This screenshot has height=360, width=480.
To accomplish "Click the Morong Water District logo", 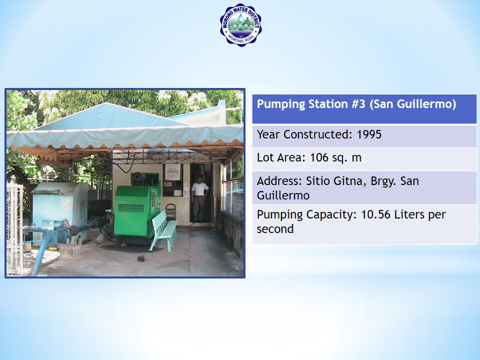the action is [240, 25].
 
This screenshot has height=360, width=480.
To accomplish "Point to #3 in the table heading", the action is [358, 104].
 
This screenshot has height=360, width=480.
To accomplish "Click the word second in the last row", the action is [275, 229].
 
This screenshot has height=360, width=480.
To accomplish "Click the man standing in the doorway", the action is [199, 198].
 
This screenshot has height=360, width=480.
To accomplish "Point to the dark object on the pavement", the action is [141, 258].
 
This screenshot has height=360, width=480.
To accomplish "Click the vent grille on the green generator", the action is [130, 208].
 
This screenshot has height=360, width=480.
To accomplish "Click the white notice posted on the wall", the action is [173, 172].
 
